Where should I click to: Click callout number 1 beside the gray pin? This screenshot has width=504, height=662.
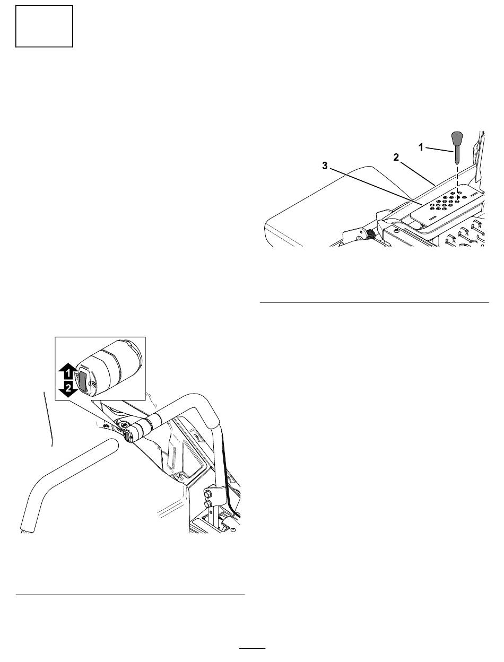[421, 147]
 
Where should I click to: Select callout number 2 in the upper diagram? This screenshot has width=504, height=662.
[396, 157]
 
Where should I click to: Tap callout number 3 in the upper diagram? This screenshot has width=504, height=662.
[325, 165]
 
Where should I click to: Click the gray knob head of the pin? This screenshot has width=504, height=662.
[457, 138]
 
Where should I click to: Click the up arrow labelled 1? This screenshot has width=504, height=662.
[68, 371]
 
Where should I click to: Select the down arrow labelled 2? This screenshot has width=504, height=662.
[68, 389]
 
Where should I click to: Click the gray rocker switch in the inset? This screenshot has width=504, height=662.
[83, 382]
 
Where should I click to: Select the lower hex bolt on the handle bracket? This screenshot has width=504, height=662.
[207, 503]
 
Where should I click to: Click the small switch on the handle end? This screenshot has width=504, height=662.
[127, 436]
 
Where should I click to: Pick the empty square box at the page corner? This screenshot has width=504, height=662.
[44, 26]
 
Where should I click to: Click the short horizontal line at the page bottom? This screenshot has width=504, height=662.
[253, 648]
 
